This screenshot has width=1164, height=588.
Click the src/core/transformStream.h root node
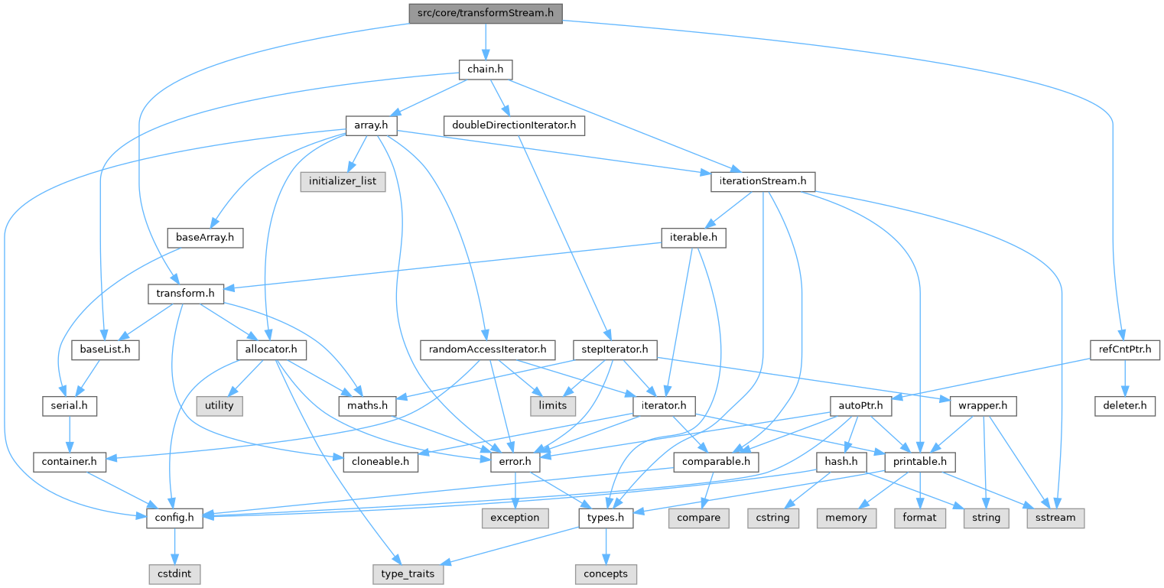tap(486, 12)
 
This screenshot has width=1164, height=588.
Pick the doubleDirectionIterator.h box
tap(514, 125)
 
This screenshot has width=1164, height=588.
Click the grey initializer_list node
tap(343, 181)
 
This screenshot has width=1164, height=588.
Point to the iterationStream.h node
tap(763, 181)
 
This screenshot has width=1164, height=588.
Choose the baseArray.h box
tap(204, 237)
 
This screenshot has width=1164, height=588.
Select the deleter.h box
tap(1125, 405)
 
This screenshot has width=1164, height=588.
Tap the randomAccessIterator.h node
tap(488, 349)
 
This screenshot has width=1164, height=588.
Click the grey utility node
tap(219, 405)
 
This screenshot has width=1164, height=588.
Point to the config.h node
tap(174, 518)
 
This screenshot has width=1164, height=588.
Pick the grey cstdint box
tap(174, 573)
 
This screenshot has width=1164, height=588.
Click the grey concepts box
tap(605, 573)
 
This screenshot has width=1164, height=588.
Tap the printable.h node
tap(920, 462)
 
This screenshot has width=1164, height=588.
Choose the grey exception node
tap(515, 518)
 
